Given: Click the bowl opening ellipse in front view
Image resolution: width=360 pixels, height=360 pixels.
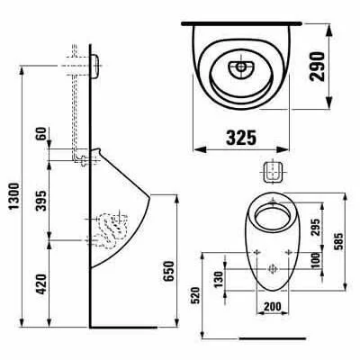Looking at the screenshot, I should click(270, 216).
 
